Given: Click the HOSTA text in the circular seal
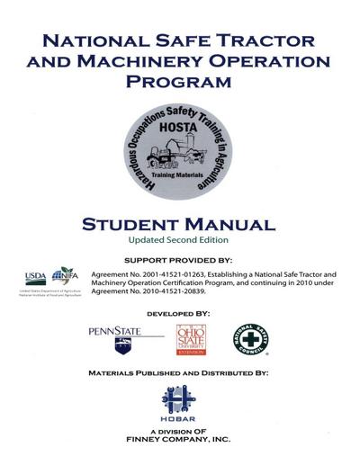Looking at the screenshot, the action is [180, 128].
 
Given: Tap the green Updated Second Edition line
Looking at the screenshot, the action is [180, 242].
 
